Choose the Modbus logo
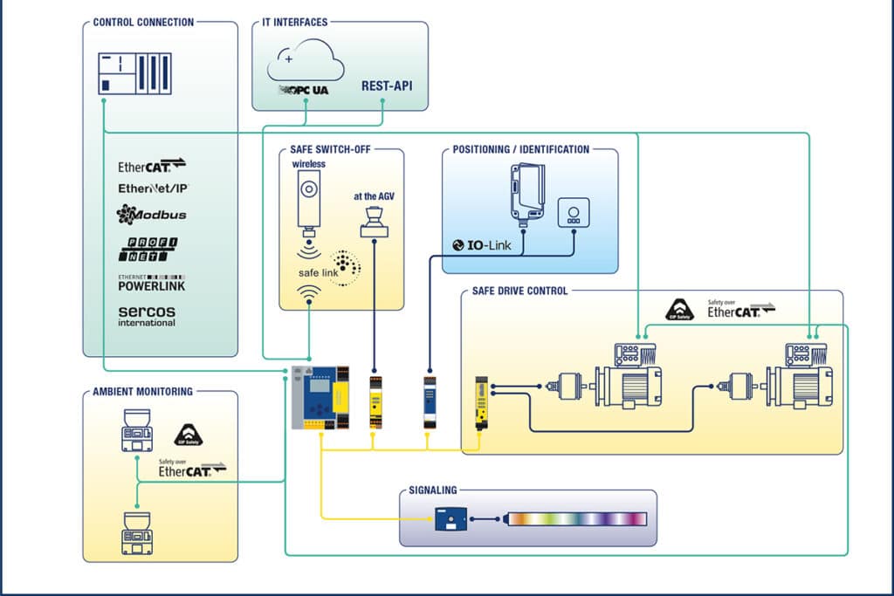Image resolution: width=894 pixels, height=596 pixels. [151, 214]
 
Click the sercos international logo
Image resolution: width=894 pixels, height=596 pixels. [147, 315]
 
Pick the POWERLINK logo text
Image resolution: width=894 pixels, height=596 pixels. [151, 284]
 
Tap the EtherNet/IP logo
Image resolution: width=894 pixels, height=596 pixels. [153, 188]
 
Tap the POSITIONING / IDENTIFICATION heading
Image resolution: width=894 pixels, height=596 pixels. [521, 149]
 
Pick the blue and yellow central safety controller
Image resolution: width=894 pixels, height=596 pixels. [320, 398]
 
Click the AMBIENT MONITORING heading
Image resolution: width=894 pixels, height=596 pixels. [142, 392]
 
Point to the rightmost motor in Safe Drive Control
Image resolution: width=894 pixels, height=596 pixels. [800, 377]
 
